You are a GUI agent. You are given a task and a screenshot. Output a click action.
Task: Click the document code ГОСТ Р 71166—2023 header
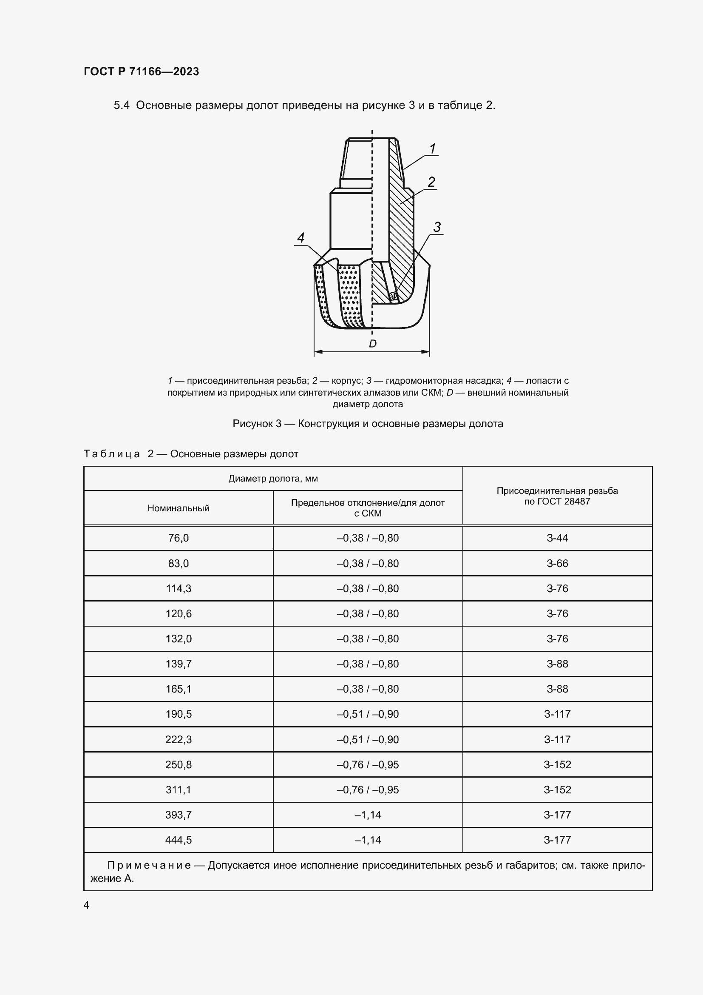[x=141, y=71]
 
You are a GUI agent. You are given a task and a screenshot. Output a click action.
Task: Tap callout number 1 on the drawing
[x=432, y=148]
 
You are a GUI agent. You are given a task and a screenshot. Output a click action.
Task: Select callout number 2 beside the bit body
[x=431, y=182]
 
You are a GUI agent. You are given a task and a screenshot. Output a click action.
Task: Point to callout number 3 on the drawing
[x=437, y=227]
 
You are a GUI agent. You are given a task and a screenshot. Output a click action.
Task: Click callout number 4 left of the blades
[x=300, y=237]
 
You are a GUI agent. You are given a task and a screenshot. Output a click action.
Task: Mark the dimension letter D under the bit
[x=372, y=344]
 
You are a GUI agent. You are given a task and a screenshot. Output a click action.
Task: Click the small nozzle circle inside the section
[x=393, y=297]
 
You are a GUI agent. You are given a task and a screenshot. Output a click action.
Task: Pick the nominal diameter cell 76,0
[x=179, y=538]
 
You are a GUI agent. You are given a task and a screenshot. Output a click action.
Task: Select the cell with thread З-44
[x=557, y=538]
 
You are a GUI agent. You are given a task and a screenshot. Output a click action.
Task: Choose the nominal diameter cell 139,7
[x=179, y=664]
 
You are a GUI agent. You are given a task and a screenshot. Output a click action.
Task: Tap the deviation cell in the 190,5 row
[x=368, y=714]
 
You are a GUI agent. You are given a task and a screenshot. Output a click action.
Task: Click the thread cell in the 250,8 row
[x=557, y=764]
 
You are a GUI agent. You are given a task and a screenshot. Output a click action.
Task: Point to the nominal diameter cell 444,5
[x=179, y=839]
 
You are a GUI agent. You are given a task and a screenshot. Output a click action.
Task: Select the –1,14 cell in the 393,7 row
[x=368, y=814]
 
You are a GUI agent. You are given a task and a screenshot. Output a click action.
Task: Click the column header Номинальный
[x=179, y=508]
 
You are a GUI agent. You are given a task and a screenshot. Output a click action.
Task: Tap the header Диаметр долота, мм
[x=273, y=479]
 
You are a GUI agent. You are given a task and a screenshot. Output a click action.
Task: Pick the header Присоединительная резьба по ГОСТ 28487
[x=557, y=496]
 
